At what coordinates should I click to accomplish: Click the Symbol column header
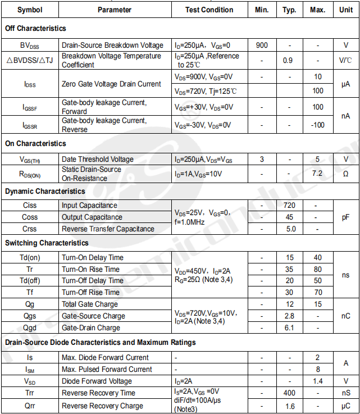[x=30, y=10]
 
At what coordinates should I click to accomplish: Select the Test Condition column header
[x=209, y=10]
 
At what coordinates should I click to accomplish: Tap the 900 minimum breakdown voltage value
[x=262, y=45]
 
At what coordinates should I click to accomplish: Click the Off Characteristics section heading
[x=35, y=28]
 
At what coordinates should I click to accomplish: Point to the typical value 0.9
[x=289, y=60]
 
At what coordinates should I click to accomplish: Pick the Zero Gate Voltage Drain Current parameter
[x=111, y=84]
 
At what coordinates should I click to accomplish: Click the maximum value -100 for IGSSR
[x=318, y=125]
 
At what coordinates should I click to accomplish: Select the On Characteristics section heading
[x=35, y=144]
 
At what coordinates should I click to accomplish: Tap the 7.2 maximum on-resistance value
[x=318, y=173]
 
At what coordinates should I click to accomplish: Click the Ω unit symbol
[x=345, y=174]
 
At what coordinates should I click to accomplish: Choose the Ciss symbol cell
[x=30, y=206]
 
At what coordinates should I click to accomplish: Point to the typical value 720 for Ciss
[x=289, y=206]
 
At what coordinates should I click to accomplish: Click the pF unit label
[x=345, y=217]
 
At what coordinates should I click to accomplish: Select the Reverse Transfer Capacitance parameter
[x=108, y=229]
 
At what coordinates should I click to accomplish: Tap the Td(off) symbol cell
[x=30, y=280]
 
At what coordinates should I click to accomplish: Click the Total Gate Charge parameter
[x=90, y=304]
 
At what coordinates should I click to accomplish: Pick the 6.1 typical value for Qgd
[x=289, y=327]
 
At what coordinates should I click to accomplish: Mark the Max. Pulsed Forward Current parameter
[x=107, y=369]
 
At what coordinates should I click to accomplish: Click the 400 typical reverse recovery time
[x=289, y=393]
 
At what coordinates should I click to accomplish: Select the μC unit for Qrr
[x=345, y=406]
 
